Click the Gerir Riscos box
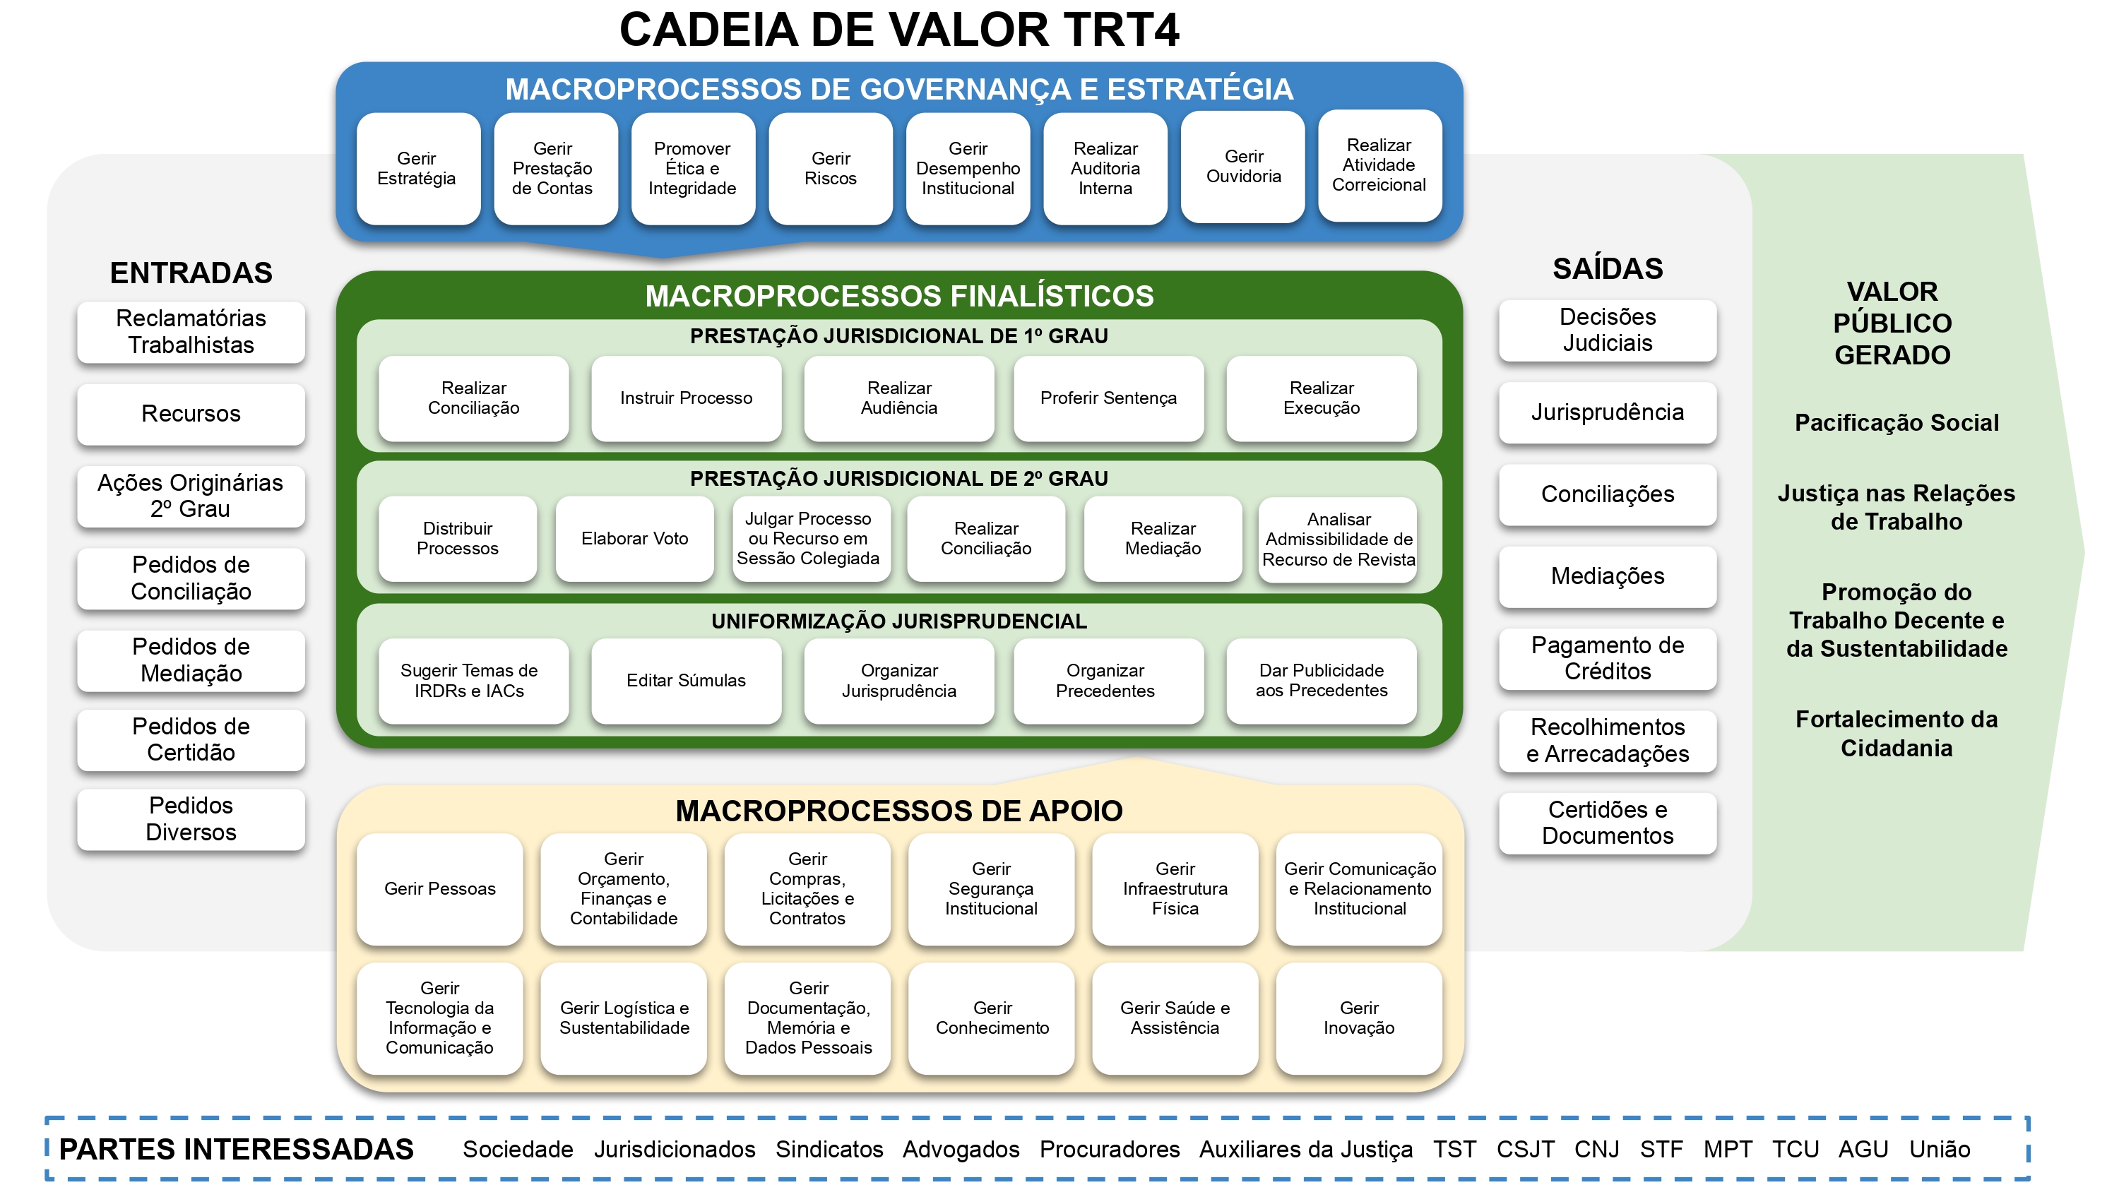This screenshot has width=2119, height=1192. pyautogui.click(x=830, y=169)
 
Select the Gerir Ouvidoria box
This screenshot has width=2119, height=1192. pyautogui.click(x=1243, y=167)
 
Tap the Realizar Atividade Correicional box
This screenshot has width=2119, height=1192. pyautogui.click(x=1379, y=165)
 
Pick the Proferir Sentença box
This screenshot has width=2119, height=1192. pyautogui.click(x=1108, y=398)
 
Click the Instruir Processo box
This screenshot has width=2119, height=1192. pyautogui.click(x=686, y=398)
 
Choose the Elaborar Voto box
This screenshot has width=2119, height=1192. pyautogui.click(x=634, y=539)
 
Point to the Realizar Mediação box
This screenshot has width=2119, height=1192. pyautogui.click(x=1163, y=539)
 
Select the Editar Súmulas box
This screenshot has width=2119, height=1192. pyautogui.click(x=686, y=680)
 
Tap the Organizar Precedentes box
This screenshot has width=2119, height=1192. pyautogui.click(x=1105, y=680)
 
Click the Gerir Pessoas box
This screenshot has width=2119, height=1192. pyautogui.click(x=439, y=888)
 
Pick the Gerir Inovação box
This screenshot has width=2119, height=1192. pyautogui.click(x=1358, y=1018)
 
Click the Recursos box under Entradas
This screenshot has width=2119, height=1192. pyautogui.click(x=191, y=414)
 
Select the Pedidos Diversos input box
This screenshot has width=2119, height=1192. pyautogui.click(x=191, y=818)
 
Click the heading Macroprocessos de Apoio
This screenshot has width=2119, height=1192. pyautogui.click(x=898, y=811)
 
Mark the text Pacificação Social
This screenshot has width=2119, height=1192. pyautogui.click(x=1895, y=423)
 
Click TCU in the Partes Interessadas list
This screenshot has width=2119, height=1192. pyautogui.click(x=1794, y=1149)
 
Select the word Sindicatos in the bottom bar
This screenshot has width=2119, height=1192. pyautogui.click(x=829, y=1149)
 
